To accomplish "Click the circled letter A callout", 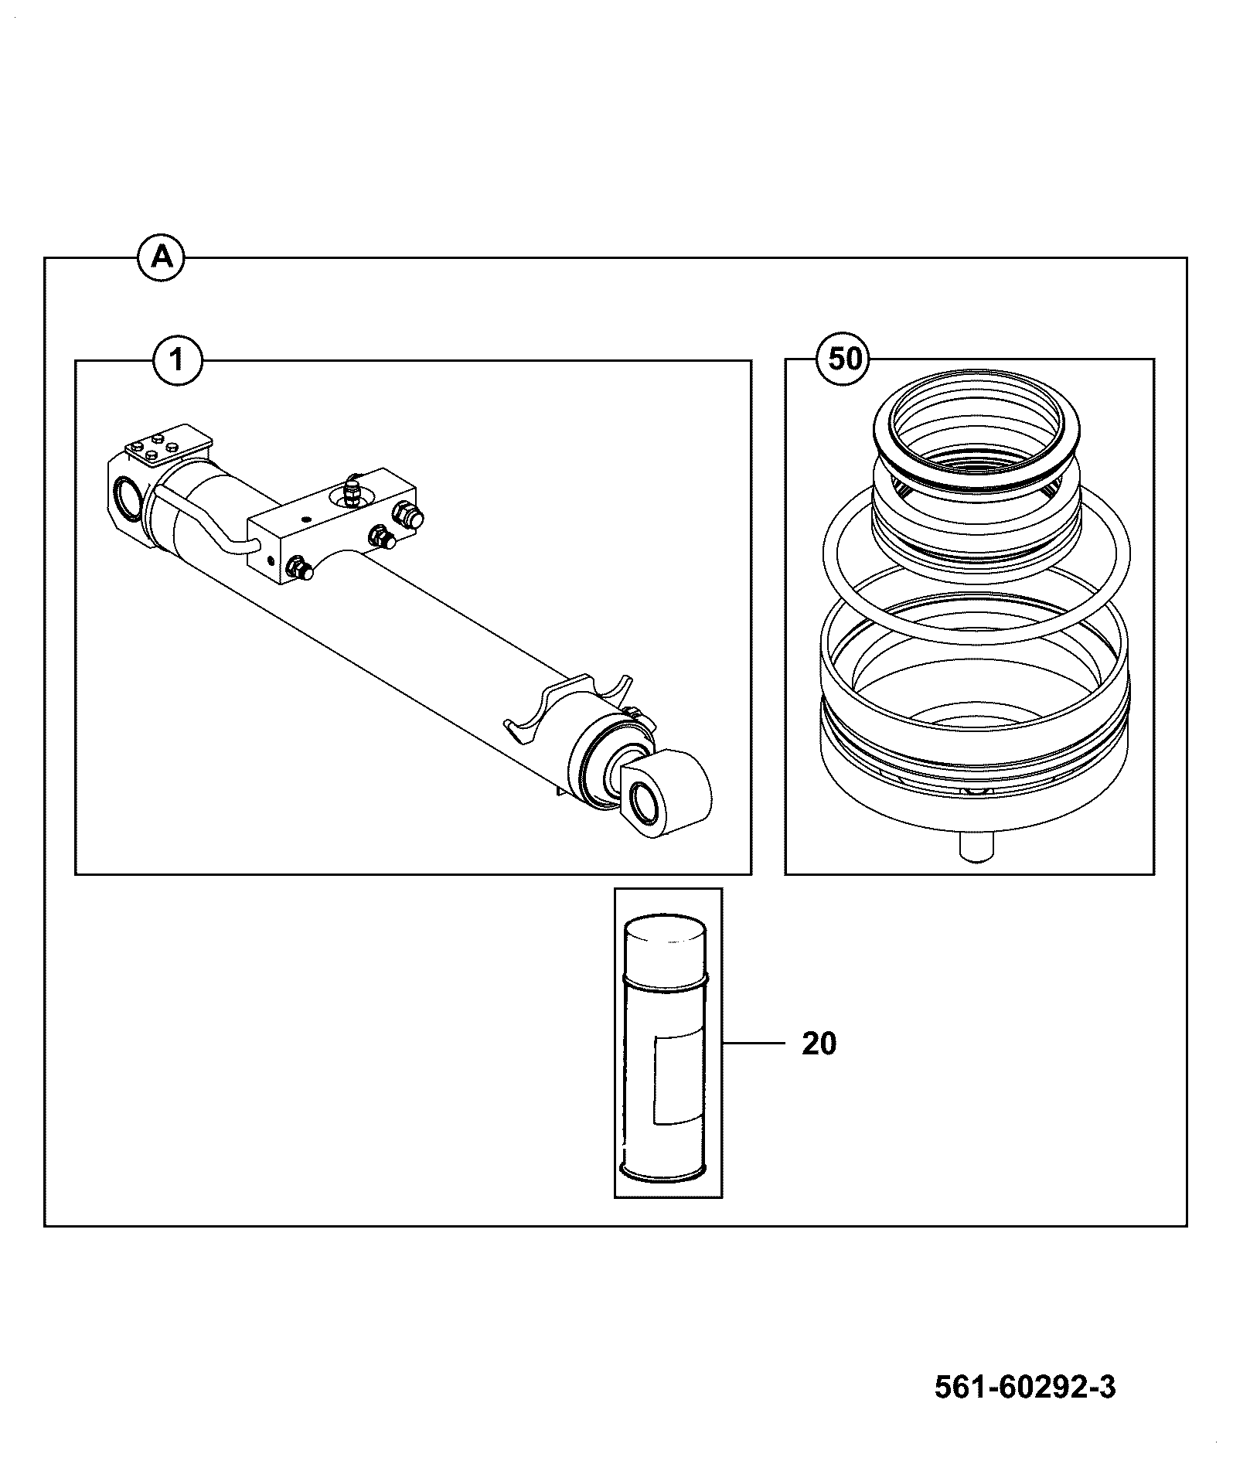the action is pos(161,257).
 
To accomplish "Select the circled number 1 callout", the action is pos(178,360).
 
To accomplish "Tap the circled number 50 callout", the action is pos(845,359).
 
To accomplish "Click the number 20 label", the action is pos(819,1044).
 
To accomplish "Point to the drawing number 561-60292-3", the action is pos(1025,1387).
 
